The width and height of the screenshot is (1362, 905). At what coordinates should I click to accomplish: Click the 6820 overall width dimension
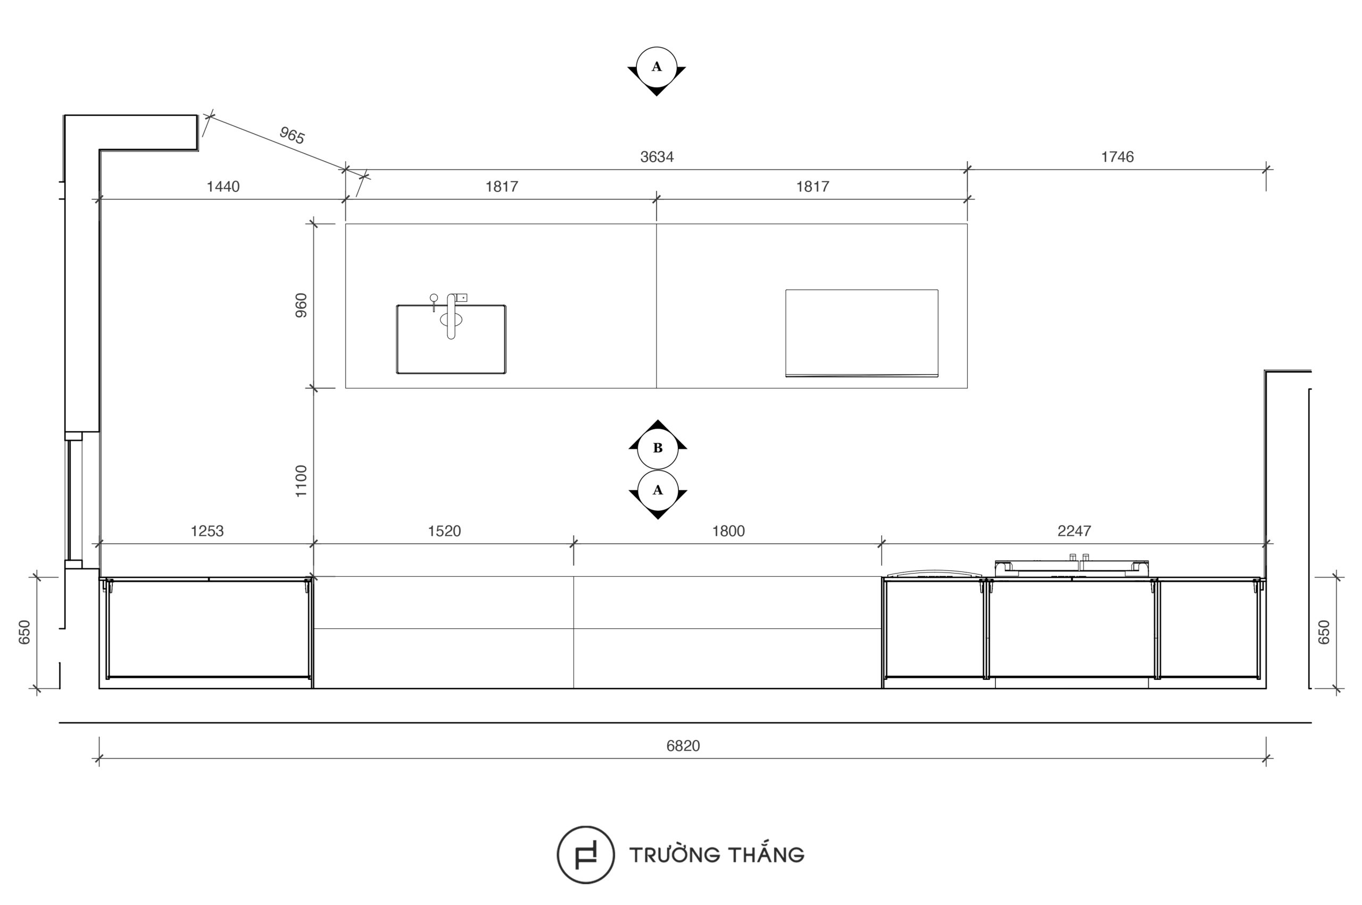[683, 746]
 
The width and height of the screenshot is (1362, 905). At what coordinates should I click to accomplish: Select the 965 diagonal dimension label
[292, 135]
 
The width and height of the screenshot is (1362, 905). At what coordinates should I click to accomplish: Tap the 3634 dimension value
[657, 157]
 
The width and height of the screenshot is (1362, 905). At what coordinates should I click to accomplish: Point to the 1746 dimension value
[1117, 157]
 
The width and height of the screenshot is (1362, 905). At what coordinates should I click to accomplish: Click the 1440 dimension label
[223, 186]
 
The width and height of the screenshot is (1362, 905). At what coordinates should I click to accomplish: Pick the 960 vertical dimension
[301, 305]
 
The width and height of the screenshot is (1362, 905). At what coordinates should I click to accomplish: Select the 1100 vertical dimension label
[301, 481]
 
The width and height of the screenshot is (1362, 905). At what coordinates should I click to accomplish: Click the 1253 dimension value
[207, 531]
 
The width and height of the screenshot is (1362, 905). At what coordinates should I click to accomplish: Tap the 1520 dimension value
[444, 531]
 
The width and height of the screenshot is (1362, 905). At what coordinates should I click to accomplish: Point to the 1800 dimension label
[728, 531]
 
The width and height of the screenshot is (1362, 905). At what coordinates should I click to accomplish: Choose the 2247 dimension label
[1074, 531]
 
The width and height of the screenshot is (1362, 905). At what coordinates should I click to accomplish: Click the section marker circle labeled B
[658, 448]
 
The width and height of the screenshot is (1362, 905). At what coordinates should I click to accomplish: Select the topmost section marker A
[657, 68]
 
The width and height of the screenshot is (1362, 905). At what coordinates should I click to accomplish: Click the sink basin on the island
[451, 339]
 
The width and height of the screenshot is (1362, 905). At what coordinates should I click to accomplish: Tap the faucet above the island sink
[451, 316]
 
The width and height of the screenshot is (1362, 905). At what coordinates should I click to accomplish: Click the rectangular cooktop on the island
[862, 333]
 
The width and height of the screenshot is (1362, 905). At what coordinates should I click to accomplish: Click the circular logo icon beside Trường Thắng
[586, 855]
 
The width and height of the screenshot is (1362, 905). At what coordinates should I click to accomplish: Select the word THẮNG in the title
[765, 853]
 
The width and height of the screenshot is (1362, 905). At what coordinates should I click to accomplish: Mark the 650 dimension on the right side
[1324, 632]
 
